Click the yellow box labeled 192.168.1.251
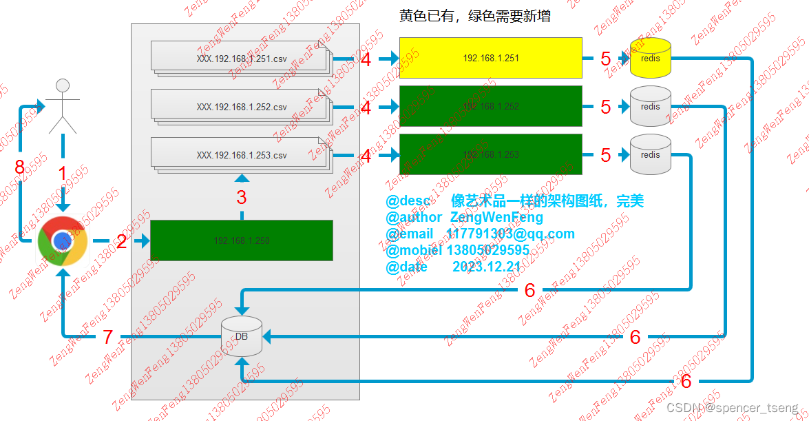[490, 59]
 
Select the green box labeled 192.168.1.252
[490, 107]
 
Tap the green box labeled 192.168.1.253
[490, 154]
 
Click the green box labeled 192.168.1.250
[241, 240]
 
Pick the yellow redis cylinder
[650, 58]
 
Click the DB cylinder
[242, 336]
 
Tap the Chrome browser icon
[62, 241]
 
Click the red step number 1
[63, 174]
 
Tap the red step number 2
[122, 241]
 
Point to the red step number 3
[242, 198]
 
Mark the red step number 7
[107, 337]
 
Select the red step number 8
[20, 167]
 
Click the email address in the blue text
[510, 234]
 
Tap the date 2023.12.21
[486, 267]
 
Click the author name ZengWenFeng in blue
[501, 217]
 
